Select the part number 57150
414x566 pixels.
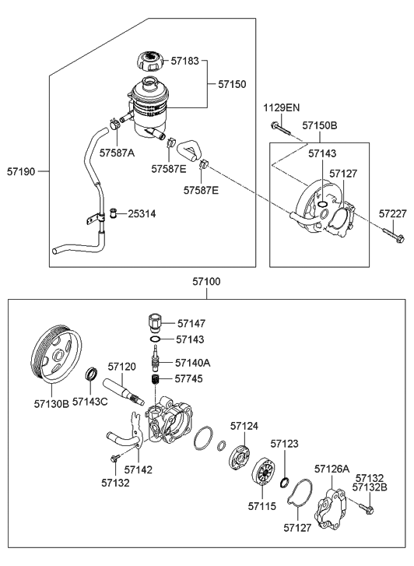pyautogui.click(x=232, y=84)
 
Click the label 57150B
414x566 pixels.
pyautogui.click(x=320, y=125)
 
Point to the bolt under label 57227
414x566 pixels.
pyautogui.click(x=394, y=234)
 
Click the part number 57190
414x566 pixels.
pyautogui.click(x=21, y=171)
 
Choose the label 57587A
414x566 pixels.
pyautogui.click(x=117, y=153)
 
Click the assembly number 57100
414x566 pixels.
pyautogui.click(x=206, y=281)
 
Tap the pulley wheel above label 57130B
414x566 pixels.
pyautogui.click(x=57, y=356)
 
